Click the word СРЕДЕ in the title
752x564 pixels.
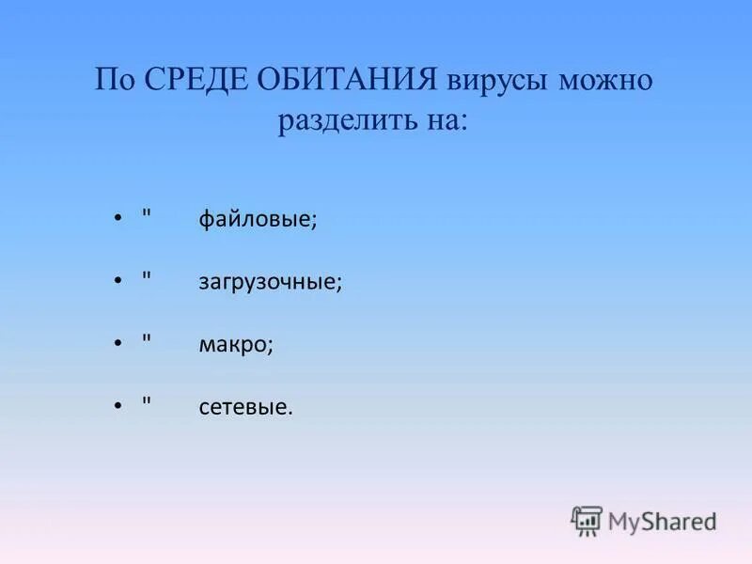tap(198, 80)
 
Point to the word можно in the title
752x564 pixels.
tap(605, 80)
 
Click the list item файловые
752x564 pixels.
tap(258, 219)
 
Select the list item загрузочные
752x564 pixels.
tap(270, 282)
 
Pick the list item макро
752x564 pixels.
tap(235, 345)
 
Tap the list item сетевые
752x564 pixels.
tap(245, 408)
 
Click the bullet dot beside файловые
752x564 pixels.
tap(117, 219)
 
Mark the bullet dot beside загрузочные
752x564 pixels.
tap(117, 281)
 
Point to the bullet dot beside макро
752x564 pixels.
tap(117, 344)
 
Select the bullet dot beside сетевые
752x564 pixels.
tap(117, 407)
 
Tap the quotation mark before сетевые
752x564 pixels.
tap(146, 400)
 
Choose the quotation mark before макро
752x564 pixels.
tap(146, 337)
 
